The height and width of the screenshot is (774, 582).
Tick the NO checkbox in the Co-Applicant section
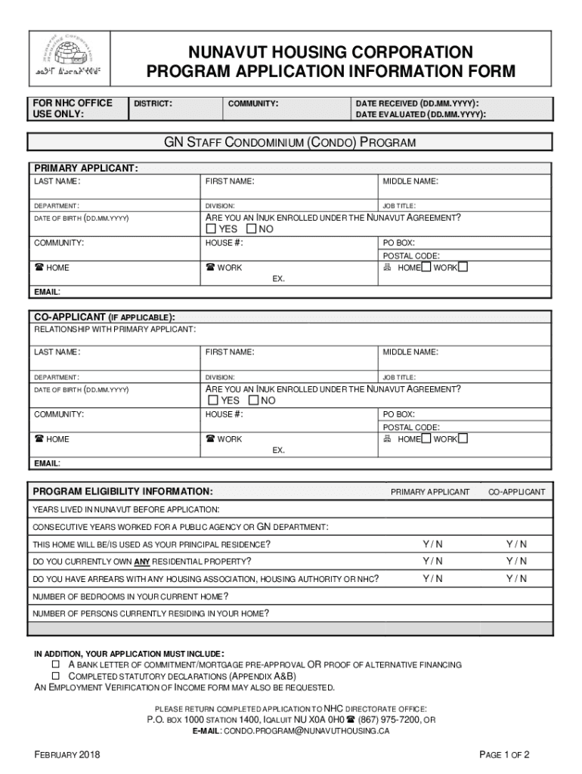click(x=253, y=401)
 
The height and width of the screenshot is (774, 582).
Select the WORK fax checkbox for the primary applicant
click(x=463, y=267)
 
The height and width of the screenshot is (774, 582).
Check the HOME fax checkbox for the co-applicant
click(x=426, y=438)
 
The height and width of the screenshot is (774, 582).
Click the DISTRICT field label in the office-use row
click(x=153, y=103)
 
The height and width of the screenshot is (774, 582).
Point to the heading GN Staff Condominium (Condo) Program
click(x=290, y=142)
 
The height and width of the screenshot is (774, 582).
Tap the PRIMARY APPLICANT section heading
click(x=85, y=168)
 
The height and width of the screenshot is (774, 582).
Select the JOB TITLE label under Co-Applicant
click(x=399, y=377)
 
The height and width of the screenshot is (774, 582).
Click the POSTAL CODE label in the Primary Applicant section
click(x=411, y=256)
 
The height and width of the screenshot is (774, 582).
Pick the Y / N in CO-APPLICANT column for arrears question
click(x=517, y=579)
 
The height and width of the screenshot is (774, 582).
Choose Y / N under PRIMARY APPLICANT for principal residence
click(x=433, y=544)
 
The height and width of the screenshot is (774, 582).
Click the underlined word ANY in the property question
click(x=141, y=562)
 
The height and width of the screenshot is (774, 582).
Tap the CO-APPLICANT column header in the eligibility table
click(x=516, y=492)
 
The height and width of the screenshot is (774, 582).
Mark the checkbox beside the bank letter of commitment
click(x=55, y=664)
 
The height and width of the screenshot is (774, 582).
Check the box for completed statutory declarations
click(x=55, y=676)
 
